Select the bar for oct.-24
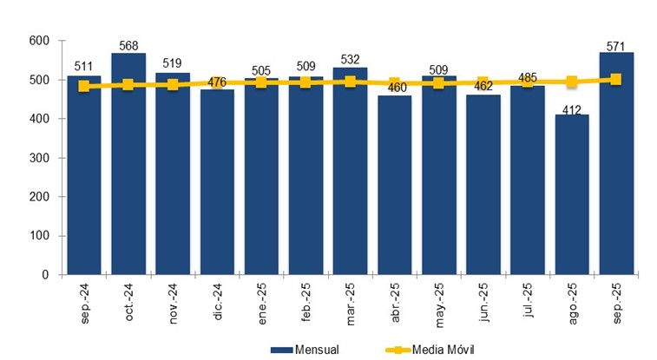128,165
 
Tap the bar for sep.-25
616,165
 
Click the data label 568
128,46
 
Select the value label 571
617,45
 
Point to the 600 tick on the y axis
37,41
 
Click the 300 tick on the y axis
37,158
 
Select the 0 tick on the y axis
43,275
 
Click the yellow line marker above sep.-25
616,79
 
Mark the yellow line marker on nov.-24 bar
173,85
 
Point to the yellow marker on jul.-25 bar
528,82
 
